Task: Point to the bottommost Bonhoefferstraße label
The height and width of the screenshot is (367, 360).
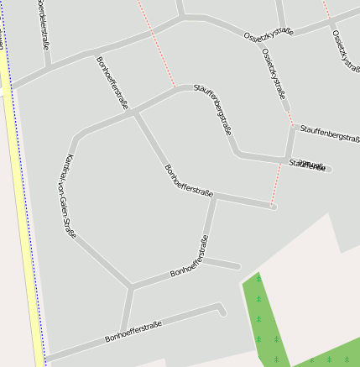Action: (133, 329)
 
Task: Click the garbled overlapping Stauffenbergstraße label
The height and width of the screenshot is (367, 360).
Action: (307, 165)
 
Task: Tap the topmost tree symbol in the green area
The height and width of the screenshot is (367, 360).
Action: (258, 278)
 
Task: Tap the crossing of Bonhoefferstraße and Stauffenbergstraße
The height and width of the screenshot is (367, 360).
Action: (134, 112)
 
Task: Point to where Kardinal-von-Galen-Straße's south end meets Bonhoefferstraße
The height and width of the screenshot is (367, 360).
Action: (130, 287)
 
